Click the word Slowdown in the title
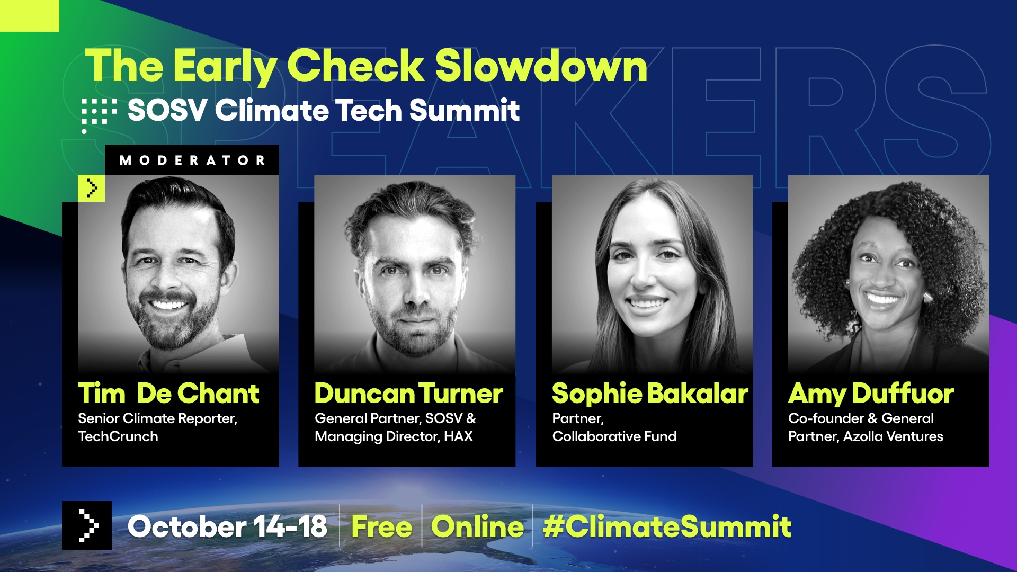point(541,67)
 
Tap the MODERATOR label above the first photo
point(192,160)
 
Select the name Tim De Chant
point(168,394)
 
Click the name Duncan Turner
point(408,394)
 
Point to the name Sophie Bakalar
point(650,394)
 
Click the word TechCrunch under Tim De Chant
point(118,436)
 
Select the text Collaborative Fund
point(614,436)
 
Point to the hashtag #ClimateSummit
point(667,527)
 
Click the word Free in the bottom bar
point(381,527)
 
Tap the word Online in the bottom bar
point(477,527)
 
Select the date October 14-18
point(227,527)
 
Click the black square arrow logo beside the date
point(87,525)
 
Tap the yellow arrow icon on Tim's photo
point(91,188)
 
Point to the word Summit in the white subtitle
point(464,111)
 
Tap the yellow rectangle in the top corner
point(30,16)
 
